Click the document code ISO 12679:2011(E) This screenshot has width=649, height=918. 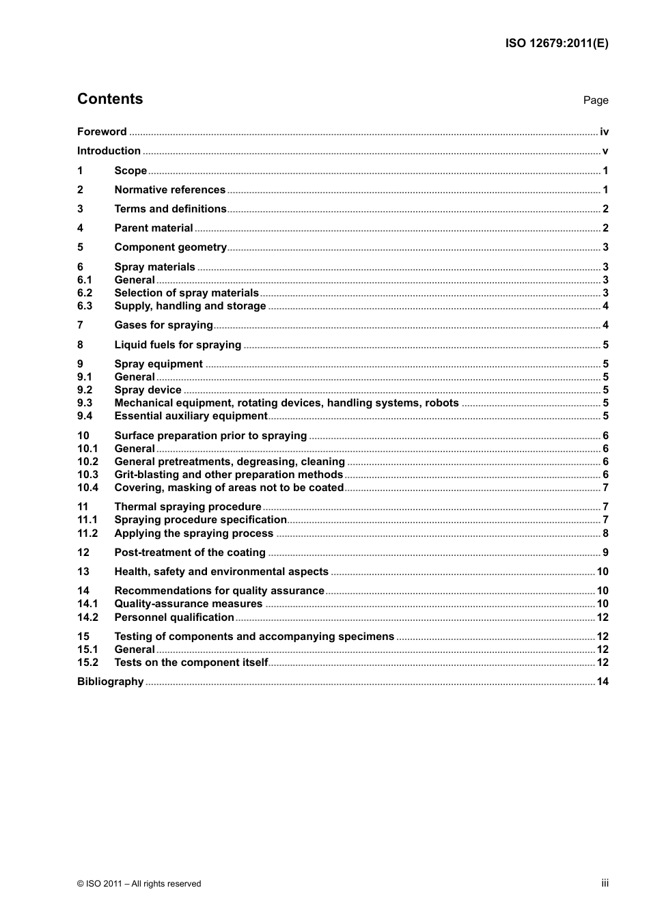point(556,43)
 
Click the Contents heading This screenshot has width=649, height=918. point(110,99)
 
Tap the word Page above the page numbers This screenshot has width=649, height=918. point(595,100)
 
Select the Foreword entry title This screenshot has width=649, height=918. point(102,132)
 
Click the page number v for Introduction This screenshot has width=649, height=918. point(605,151)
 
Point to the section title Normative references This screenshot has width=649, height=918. point(169,190)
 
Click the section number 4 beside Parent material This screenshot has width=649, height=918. point(80,228)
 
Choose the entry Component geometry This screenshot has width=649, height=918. point(170,247)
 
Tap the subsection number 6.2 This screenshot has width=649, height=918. point(85,293)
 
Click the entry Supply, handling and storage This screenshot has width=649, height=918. point(190,306)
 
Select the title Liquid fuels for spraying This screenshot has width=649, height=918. point(178,345)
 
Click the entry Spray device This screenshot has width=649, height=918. point(148,390)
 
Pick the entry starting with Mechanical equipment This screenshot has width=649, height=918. point(286,403)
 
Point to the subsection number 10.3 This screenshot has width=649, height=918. point(87,475)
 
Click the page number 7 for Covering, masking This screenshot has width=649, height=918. point(605,488)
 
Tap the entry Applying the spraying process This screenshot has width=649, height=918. point(193,533)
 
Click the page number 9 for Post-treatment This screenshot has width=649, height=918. point(605,553)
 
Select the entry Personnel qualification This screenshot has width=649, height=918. point(174,617)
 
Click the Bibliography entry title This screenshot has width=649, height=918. point(110,682)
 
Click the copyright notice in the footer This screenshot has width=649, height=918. point(139,884)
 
